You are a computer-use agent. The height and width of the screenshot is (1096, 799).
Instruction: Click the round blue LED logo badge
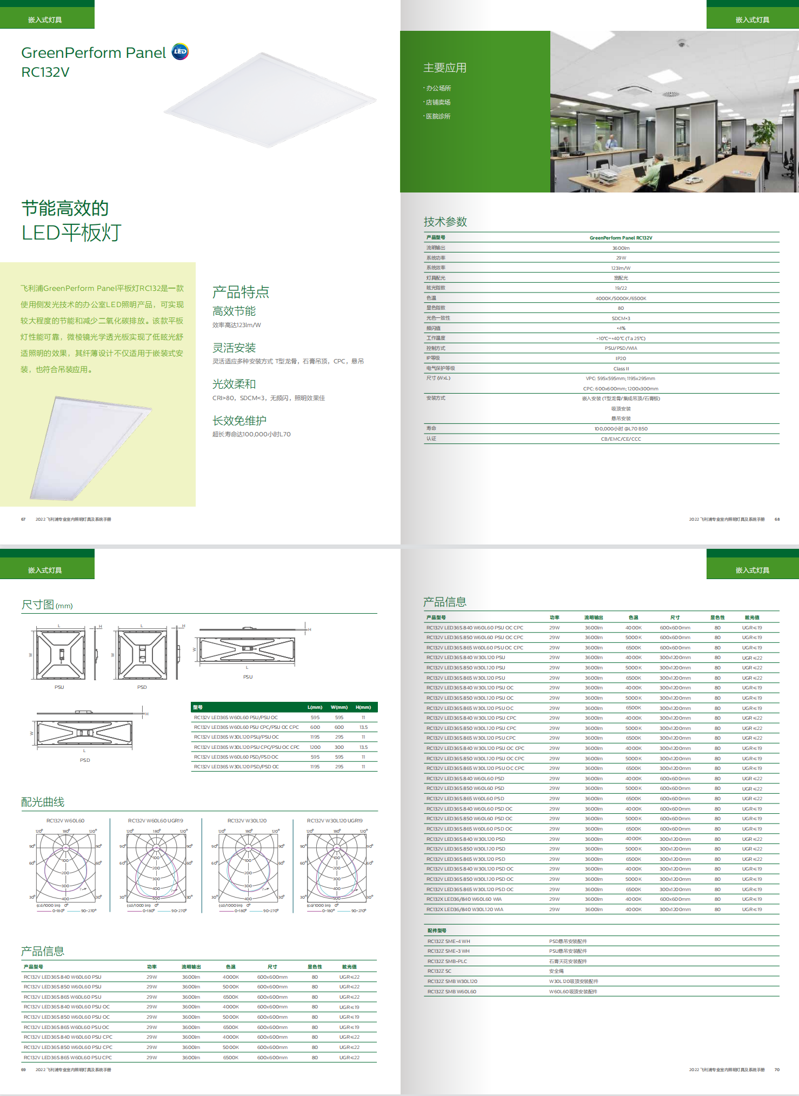tap(180, 51)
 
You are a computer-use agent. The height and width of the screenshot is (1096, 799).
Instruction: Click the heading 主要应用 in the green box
tap(444, 68)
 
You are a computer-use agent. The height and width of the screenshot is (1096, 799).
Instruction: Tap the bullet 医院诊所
tap(438, 116)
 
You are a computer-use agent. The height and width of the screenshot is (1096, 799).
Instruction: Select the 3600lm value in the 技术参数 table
tap(621, 248)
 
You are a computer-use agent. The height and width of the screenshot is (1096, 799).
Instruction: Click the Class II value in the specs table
tap(621, 369)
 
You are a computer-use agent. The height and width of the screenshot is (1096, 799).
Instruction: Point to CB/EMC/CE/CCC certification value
tap(621, 439)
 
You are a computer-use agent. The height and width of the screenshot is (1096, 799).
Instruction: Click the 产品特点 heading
tap(241, 293)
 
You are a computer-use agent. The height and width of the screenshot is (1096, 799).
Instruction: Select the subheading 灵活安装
tap(234, 348)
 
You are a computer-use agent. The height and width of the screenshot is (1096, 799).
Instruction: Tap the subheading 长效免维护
tap(239, 421)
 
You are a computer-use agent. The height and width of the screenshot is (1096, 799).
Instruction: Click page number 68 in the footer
tap(777, 519)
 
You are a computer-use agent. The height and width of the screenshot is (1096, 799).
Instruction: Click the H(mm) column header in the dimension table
tap(363, 707)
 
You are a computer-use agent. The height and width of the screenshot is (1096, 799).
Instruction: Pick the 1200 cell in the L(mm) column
tap(315, 747)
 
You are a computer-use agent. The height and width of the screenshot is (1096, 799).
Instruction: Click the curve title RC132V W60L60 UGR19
tap(155, 821)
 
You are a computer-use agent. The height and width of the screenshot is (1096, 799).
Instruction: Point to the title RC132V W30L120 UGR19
tap(335, 821)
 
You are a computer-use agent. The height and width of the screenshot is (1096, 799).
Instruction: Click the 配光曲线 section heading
tap(43, 802)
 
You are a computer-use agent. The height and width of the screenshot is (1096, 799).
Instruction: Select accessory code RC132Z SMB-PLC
tap(447, 961)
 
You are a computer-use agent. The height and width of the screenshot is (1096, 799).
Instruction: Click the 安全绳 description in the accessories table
tap(556, 971)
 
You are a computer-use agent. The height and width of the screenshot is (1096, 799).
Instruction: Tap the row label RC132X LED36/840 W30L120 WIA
tap(464, 909)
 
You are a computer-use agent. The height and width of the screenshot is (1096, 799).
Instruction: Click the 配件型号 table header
tap(437, 931)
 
